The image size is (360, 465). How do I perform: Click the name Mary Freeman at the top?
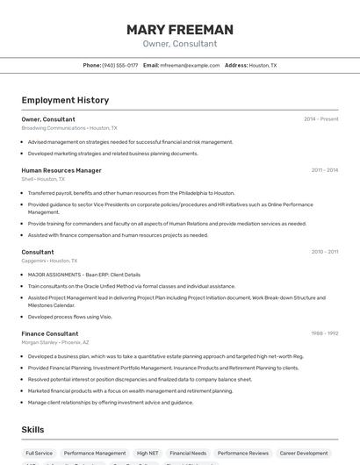pos(180,30)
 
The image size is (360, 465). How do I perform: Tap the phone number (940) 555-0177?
pos(119,65)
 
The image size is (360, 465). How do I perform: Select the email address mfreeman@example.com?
pos(191,65)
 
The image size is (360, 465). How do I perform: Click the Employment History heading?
pos(65,100)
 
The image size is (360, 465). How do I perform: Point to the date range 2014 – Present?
pos(320,119)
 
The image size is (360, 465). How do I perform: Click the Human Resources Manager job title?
pos(61,170)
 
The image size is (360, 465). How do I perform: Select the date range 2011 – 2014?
pos(324,170)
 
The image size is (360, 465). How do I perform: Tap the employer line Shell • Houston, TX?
pos(43,179)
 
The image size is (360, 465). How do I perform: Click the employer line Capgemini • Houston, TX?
pos(49,261)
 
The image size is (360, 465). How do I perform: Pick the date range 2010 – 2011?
pos(324,252)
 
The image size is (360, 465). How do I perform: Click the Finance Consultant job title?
pos(50,333)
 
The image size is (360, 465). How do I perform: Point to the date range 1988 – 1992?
pos(324,333)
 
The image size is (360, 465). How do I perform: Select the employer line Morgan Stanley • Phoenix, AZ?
pos(55,342)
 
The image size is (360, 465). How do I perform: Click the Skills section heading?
pos(33,429)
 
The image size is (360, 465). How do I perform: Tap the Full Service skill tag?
pos(39,454)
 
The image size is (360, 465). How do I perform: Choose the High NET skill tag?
pos(148,454)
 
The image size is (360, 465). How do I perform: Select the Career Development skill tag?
pos(305,454)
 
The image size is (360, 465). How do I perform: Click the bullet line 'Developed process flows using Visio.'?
pos(69,317)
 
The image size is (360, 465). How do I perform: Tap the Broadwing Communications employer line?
pos(69,128)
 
